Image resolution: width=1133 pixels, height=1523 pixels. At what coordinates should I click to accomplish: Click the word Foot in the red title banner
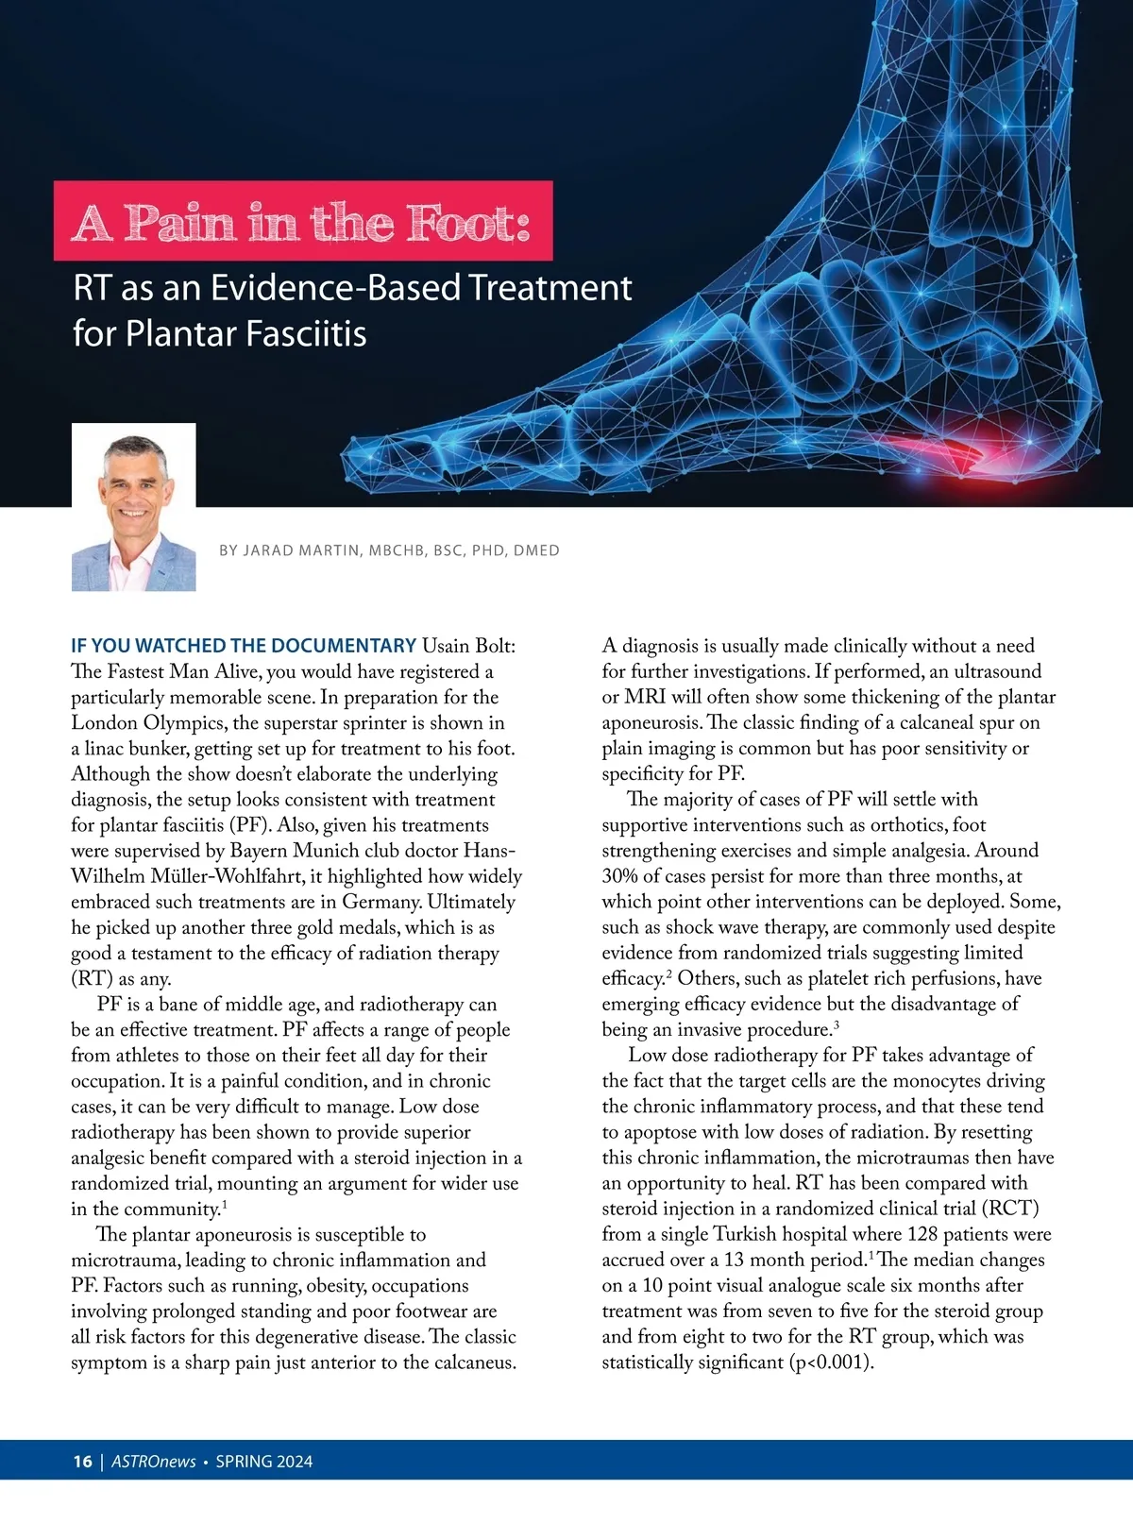tap(466, 223)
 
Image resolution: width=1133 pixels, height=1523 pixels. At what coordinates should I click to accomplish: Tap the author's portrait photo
tap(134, 507)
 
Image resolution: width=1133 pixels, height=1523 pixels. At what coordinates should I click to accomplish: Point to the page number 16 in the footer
tap(82, 1462)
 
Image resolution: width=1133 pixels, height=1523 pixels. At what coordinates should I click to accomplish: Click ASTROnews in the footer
tap(154, 1462)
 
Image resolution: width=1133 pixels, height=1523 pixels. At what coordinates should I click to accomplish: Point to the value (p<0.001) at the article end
tap(831, 1362)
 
